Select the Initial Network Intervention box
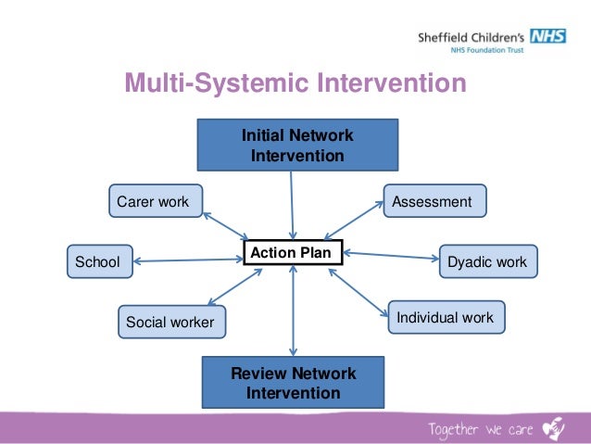(297, 146)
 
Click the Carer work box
(154, 201)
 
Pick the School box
(99, 261)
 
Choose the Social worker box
(170, 322)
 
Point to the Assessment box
(434, 201)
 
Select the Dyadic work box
(487, 261)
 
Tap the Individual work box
(446, 318)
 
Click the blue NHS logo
(548, 37)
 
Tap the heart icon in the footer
(553, 427)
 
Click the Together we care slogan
(480, 428)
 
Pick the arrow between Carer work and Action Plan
(225, 225)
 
